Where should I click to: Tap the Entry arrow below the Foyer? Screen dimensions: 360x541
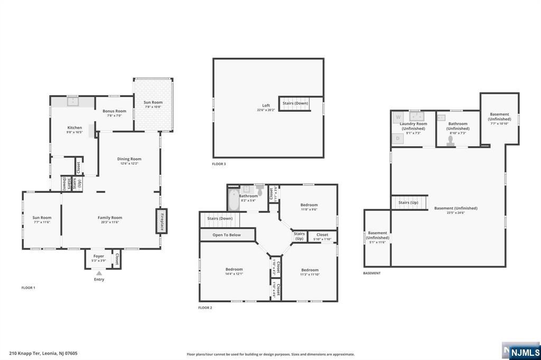(99, 273)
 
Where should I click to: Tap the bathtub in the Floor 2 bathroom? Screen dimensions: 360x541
(232, 201)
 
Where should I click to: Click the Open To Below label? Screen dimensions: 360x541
(227, 235)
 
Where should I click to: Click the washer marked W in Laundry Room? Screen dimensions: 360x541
(398, 117)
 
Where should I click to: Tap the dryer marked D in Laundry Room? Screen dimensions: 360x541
(398, 138)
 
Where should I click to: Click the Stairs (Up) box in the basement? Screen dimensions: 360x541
(408, 202)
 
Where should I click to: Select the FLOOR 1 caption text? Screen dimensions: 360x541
(28, 288)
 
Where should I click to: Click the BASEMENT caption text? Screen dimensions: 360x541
(371, 273)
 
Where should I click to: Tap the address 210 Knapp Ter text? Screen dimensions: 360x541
(43, 353)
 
